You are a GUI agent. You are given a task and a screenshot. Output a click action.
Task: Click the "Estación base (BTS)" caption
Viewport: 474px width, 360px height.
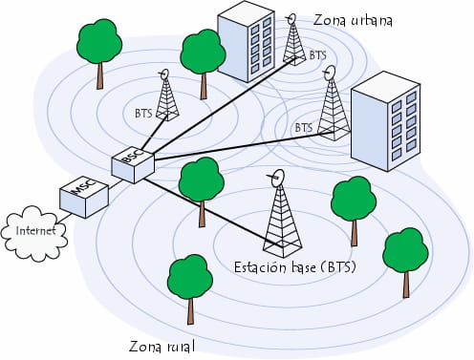(x=294, y=267)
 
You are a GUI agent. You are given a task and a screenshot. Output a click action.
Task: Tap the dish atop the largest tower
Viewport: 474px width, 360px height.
(x=278, y=177)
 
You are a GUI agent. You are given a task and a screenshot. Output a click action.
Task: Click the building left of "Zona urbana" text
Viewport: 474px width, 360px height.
(x=248, y=45)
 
